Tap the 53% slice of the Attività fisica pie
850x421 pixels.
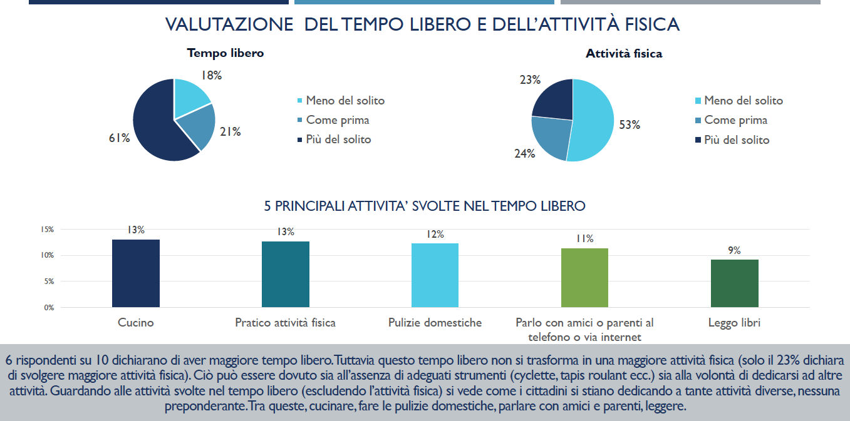592,122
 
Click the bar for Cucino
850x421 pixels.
135,273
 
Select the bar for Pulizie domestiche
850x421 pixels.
435,275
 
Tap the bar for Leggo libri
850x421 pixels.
734,283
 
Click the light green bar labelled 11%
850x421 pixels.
584,278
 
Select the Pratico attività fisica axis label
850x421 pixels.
285,323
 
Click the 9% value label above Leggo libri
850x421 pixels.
734,250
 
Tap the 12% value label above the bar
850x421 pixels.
435,234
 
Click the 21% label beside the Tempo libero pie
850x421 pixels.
230,131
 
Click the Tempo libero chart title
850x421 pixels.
225,53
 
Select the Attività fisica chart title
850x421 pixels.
624,54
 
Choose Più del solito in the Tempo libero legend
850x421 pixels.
338,139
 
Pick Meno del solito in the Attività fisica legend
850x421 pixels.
743,101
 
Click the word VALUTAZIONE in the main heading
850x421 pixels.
229,24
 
